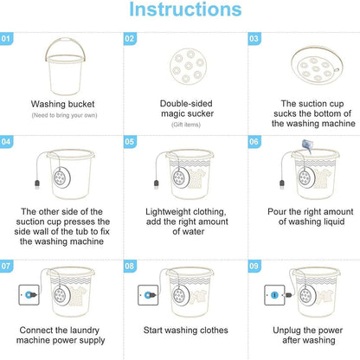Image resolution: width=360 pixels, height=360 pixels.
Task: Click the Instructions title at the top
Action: coord(185,10)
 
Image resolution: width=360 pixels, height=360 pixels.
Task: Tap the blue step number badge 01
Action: coord(6,39)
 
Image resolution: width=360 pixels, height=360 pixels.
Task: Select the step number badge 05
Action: coord(130,142)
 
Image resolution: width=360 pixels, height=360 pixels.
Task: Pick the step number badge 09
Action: coord(254,266)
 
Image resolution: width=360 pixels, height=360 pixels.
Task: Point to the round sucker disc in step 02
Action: coord(188,66)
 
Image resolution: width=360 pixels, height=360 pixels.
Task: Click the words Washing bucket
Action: coord(62,104)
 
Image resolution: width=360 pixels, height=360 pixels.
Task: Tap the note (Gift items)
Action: coord(186,125)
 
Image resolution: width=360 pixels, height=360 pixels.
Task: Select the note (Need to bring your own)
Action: coord(64,115)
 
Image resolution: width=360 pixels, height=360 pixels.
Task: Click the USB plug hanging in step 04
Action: coord(37,184)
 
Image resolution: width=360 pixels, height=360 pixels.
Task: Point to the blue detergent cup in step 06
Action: coord(307,145)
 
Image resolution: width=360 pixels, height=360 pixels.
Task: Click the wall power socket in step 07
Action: coord(29,295)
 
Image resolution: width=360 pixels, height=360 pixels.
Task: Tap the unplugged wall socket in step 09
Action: coord(274,295)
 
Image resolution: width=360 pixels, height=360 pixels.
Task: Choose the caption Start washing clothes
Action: coord(186,330)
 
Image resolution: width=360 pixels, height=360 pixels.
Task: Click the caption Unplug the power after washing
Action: coord(308,335)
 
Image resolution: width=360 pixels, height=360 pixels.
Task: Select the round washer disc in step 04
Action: coord(61,177)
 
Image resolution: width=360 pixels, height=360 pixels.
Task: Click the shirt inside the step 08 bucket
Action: coord(200,296)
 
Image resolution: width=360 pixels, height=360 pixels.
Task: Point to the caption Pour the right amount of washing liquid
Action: coord(311,216)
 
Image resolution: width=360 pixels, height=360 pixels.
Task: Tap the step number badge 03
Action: coord(254,39)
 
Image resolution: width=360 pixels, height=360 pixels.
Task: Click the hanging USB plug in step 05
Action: coord(157,184)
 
